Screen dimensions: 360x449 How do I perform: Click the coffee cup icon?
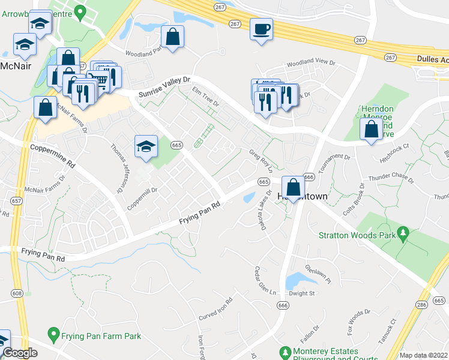coord(261,29)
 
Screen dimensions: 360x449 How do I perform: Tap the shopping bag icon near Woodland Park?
coord(172,37)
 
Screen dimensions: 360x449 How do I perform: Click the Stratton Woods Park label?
coord(365,235)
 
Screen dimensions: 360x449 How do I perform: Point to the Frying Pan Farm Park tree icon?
coord(53,333)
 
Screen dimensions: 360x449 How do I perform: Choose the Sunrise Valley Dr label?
coord(164,88)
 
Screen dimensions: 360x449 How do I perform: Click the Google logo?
coord(20,353)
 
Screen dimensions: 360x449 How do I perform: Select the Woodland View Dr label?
coord(310,62)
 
